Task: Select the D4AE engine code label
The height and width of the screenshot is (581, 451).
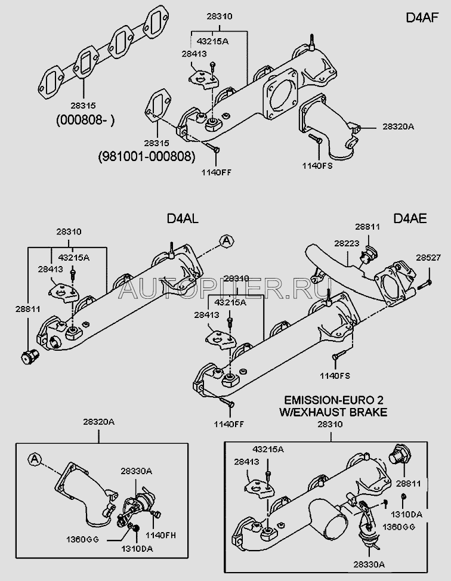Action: pyautogui.click(x=410, y=219)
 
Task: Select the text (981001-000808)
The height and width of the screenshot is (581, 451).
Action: pyautogui.click(x=147, y=157)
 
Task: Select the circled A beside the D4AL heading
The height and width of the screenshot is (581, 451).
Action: pyautogui.click(x=226, y=241)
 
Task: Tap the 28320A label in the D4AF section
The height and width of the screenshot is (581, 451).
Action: pyautogui.click(x=382, y=127)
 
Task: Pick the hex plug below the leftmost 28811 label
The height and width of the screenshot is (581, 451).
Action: pyautogui.click(x=26, y=357)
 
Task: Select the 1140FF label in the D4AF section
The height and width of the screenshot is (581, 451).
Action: pyautogui.click(x=218, y=172)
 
